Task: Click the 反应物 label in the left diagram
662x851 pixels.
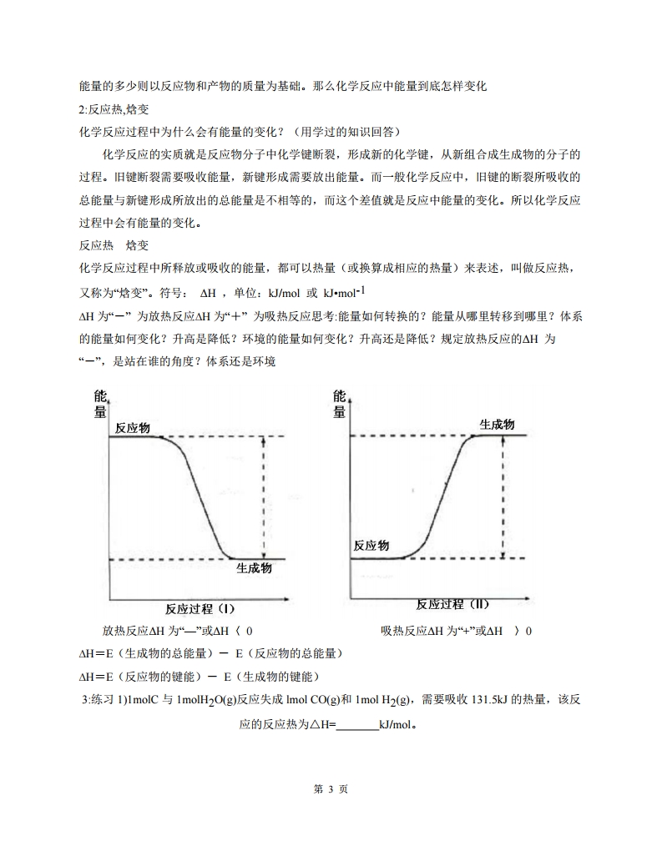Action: point(133,428)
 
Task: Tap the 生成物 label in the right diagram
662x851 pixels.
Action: point(497,425)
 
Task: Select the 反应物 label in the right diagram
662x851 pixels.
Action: point(371,545)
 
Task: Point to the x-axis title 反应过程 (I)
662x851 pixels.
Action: point(200,608)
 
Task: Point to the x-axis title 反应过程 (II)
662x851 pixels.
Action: point(452,604)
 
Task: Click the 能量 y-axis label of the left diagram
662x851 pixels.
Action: point(100,404)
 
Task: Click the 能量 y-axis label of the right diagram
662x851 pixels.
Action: point(340,404)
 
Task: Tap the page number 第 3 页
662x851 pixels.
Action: point(331,789)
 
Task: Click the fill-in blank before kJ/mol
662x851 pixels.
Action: point(356,725)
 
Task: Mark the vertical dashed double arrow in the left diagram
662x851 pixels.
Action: point(264,497)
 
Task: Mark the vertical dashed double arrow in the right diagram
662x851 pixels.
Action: point(503,496)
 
